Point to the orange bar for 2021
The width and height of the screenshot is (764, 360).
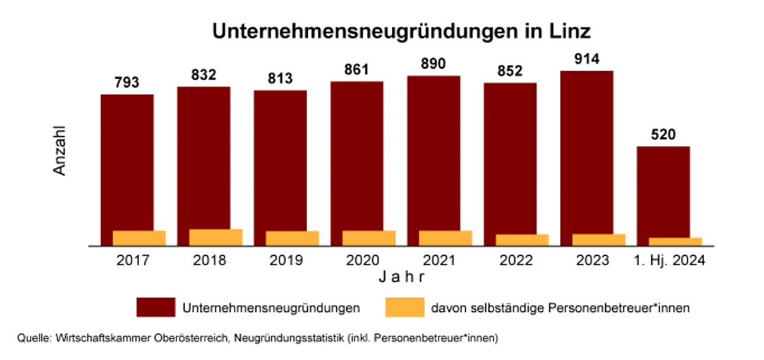[x=445, y=238]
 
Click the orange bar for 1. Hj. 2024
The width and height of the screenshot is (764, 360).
[x=675, y=242]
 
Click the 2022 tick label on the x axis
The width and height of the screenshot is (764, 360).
[x=516, y=260]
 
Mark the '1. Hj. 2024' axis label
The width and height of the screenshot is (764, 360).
[x=669, y=260]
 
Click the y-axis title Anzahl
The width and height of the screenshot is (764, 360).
[x=60, y=151]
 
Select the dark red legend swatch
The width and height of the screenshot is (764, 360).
[x=156, y=308]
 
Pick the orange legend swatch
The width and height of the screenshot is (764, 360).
[x=404, y=308]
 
